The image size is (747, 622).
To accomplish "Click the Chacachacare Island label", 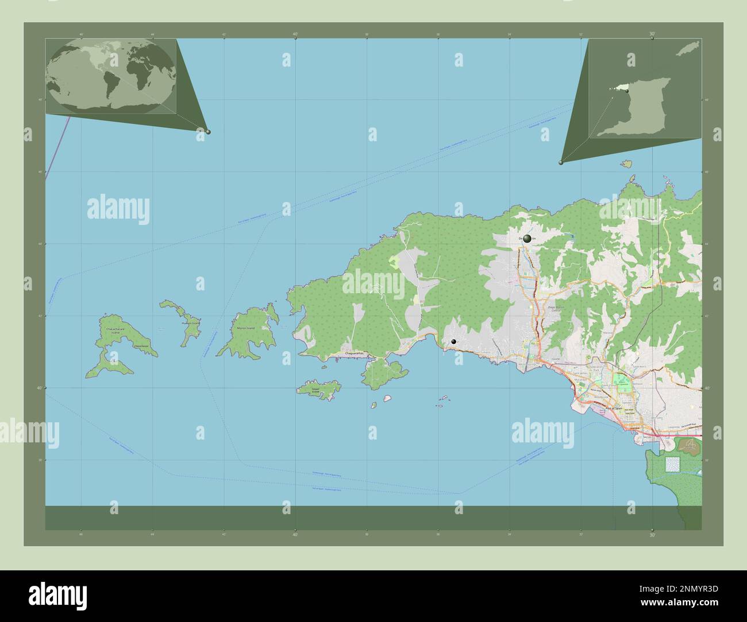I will click(111, 331).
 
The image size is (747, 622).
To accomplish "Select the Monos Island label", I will click(245, 328).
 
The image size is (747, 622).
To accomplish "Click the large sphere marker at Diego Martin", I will click(527, 238).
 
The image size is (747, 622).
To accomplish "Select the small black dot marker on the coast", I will click(454, 341).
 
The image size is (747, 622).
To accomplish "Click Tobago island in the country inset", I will click(687, 49).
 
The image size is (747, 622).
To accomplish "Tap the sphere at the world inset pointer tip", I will click(208, 131).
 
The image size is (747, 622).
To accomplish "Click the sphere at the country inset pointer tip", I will click(561, 162).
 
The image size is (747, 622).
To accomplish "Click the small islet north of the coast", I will click(626, 164).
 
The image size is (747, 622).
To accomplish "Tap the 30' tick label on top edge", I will click(652, 34).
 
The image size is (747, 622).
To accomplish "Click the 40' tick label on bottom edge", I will click(295, 535).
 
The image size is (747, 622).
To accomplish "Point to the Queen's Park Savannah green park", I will click(621, 380).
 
